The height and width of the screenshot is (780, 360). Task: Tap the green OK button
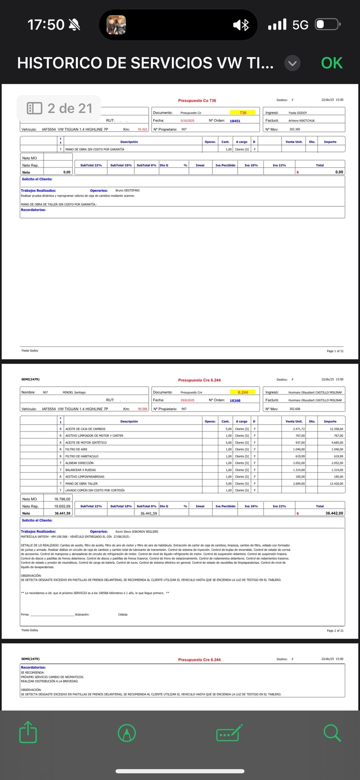pyautogui.click(x=332, y=63)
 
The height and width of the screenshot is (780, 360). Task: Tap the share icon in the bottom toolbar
pyautogui.click(x=28, y=732)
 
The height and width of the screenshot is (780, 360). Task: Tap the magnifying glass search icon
pyautogui.click(x=332, y=732)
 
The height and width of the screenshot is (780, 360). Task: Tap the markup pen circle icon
pyautogui.click(x=127, y=733)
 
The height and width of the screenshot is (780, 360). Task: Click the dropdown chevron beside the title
pyautogui.click(x=293, y=63)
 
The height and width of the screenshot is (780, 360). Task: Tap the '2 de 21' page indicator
pyautogui.click(x=59, y=108)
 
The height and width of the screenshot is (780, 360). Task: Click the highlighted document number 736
pyautogui.click(x=243, y=113)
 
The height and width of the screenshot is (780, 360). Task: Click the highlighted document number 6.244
pyautogui.click(x=243, y=392)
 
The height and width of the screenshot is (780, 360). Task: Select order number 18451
pyautogui.click(x=235, y=121)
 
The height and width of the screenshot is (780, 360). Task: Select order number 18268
pyautogui.click(x=235, y=400)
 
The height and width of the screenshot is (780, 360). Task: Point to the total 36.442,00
pyautogui.click(x=334, y=513)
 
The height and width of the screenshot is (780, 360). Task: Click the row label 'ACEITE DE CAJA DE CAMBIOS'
pyautogui.click(x=85, y=429)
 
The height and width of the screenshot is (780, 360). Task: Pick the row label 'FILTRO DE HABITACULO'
pyautogui.click(x=82, y=456)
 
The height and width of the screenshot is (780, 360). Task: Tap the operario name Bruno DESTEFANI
pyautogui.click(x=127, y=190)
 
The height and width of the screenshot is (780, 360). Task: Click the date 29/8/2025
pyautogui.click(x=187, y=400)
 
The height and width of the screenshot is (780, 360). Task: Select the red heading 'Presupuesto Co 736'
pyautogui.click(x=197, y=100)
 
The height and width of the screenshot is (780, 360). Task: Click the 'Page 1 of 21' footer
pyautogui.click(x=335, y=351)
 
